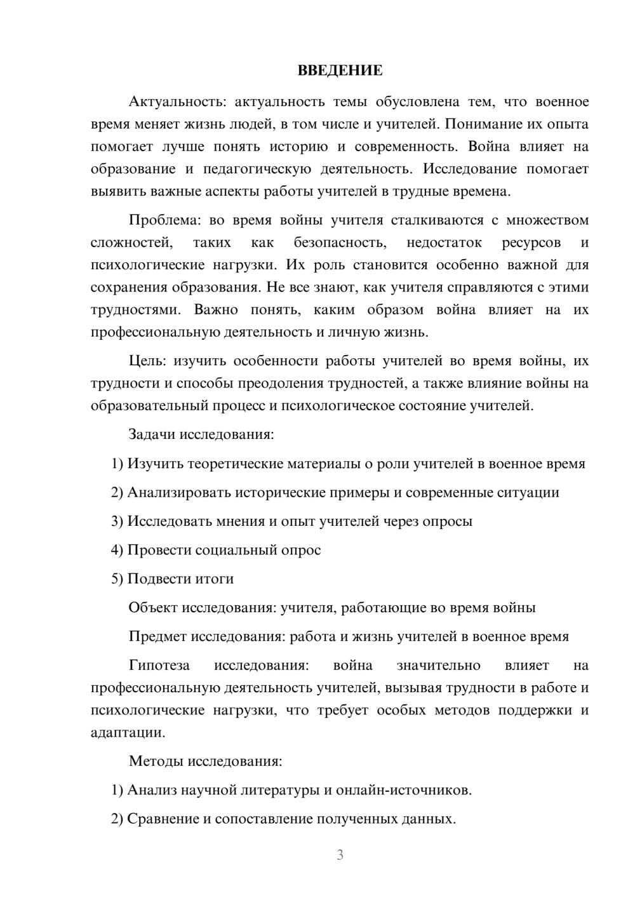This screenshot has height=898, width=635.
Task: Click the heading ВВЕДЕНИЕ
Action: [340, 70]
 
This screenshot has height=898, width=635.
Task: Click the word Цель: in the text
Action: [147, 361]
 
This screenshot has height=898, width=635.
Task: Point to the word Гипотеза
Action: [159, 666]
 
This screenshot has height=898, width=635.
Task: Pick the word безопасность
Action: [340, 243]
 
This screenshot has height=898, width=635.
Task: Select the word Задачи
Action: [152, 435]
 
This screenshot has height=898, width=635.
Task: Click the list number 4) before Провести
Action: [117, 550]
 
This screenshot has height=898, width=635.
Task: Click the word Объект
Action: [153, 608]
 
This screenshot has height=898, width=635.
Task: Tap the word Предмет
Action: [157, 636]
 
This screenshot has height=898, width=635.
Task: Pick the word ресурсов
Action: [531, 243]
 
